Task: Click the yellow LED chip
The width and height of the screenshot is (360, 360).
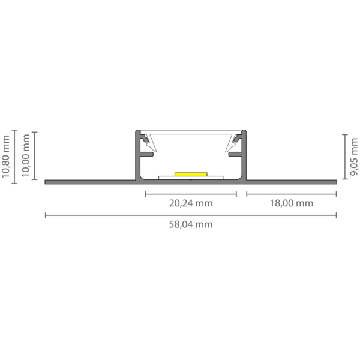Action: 191,174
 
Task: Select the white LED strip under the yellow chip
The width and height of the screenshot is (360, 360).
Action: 191,178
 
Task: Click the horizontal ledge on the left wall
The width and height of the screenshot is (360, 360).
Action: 146,154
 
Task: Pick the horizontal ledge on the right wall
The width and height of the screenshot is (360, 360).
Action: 236,154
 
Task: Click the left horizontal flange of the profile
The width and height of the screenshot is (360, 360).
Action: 90,181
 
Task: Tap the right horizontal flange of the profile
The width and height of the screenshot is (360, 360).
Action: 292,181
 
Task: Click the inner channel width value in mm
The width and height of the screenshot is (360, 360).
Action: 191,203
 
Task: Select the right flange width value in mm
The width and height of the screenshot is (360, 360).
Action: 292,203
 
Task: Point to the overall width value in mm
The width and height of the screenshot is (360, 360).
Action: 191,226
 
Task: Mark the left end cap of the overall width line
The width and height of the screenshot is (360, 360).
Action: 46,215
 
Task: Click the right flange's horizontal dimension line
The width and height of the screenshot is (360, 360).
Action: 292,194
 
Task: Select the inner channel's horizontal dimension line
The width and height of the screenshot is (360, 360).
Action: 191,194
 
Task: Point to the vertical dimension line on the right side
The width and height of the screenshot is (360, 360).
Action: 344,156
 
